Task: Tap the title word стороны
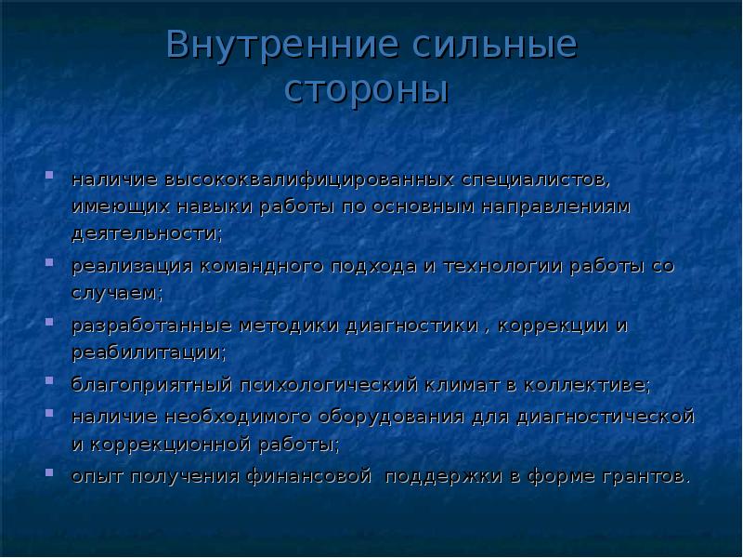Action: pyautogui.click(x=365, y=91)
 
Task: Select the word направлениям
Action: pyautogui.click(x=555, y=206)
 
